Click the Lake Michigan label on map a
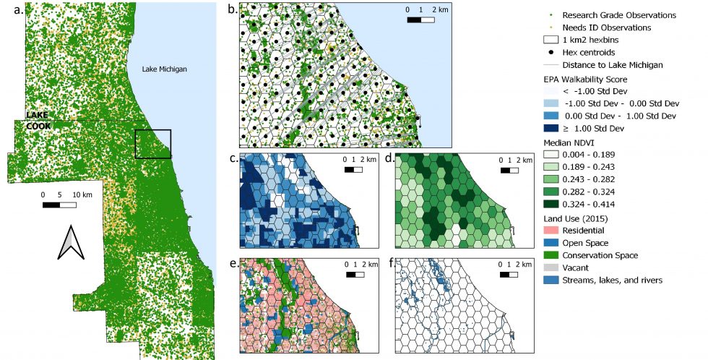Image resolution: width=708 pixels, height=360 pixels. [x=165, y=69]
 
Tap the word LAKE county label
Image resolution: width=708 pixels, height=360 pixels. [x=37, y=115]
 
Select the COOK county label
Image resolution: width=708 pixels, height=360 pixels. [x=38, y=126]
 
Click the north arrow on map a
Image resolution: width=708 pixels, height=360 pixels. [x=71, y=242]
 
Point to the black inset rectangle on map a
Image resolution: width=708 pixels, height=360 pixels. [x=153, y=144]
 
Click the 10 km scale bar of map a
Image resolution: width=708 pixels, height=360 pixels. [x=59, y=205]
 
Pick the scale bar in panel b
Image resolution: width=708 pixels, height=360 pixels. [x=420, y=20]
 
